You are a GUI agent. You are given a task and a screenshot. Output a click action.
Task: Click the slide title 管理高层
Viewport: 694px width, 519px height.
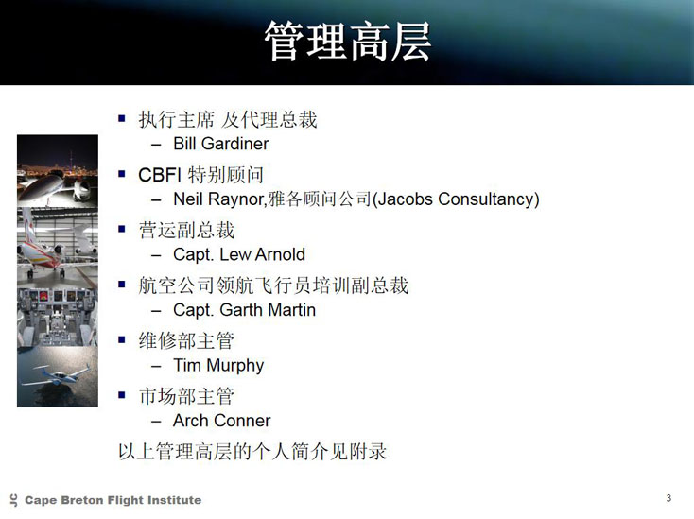point(347,42)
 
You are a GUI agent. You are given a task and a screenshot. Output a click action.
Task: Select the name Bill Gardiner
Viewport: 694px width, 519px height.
point(221,144)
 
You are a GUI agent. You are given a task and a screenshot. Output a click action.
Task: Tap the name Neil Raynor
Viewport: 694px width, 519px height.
point(218,199)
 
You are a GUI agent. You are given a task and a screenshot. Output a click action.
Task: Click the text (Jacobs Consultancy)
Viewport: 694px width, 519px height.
point(456,199)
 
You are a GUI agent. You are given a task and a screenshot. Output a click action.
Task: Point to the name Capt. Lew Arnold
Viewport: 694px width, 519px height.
point(239,254)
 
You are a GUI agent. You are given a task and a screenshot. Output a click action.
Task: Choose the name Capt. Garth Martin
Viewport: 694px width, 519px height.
point(244,310)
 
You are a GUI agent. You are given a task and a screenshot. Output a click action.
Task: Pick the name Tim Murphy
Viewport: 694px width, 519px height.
point(218,366)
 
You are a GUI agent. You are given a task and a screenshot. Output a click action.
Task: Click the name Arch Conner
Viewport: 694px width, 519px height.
point(222,421)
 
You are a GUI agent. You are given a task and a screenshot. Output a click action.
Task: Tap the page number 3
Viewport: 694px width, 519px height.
point(668,498)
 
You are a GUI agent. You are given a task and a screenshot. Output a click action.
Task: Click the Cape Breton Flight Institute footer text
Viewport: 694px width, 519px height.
point(113,500)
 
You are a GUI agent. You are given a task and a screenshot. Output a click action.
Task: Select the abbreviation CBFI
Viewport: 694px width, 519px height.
point(160,175)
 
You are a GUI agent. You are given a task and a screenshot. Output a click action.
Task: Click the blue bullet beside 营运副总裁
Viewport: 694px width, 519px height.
point(122,229)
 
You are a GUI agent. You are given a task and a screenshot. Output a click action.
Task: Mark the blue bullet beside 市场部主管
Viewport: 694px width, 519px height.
point(122,394)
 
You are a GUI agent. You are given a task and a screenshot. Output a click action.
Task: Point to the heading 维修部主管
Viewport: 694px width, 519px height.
point(186,340)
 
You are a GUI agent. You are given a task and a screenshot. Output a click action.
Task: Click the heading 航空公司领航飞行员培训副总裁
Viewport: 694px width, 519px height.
point(273,285)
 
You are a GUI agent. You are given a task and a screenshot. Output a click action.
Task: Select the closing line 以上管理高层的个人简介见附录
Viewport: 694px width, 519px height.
point(252,451)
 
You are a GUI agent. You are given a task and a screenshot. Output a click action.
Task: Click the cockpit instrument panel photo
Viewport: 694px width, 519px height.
point(58,317)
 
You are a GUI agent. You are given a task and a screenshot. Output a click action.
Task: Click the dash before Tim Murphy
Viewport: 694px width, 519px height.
point(156,367)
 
